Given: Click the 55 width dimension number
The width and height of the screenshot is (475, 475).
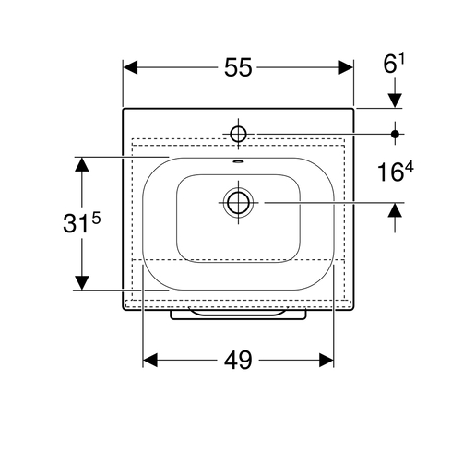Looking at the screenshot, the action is coord(238,67).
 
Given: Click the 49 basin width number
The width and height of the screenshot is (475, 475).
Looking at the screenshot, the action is coord(238,360).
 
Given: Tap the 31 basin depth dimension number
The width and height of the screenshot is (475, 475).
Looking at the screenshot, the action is coord(74,223).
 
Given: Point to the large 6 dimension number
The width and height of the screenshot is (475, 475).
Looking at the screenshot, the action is coord(390,65).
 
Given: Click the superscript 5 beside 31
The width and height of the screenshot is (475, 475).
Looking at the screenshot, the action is coord(96,219).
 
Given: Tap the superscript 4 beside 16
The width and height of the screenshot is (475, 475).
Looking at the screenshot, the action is coord(410,168).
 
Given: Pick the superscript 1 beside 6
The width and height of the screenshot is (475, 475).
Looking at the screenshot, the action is coord(401,59).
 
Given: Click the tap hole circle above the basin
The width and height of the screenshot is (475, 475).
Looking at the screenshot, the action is coord(238,134).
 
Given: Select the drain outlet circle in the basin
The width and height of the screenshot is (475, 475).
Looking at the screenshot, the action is coord(238,203).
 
